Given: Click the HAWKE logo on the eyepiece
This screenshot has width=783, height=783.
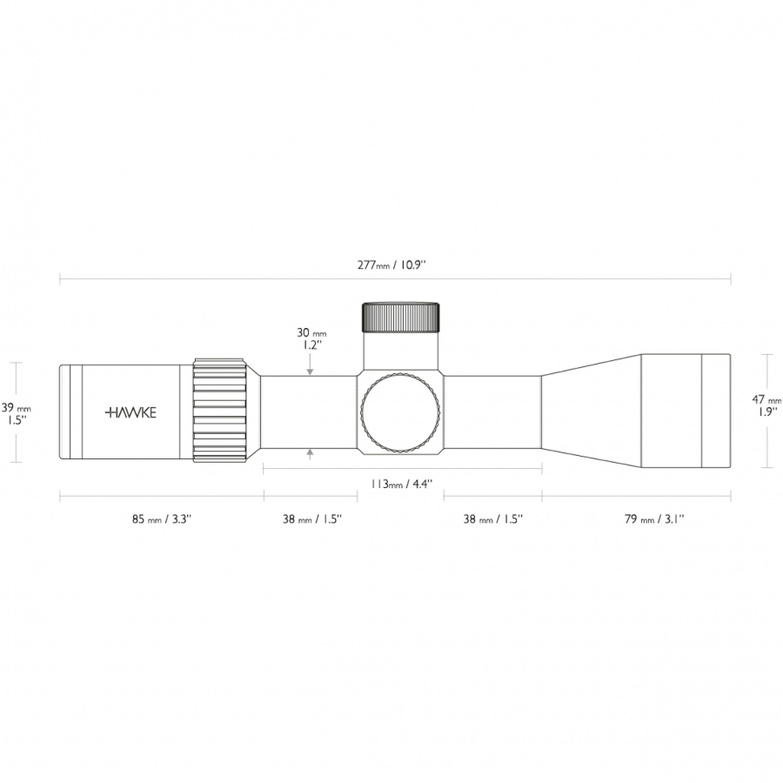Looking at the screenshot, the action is [130, 412].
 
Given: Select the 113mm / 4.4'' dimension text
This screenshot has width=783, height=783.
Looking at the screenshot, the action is [401, 484].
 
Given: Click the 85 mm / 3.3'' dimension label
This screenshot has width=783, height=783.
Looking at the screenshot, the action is [162, 519].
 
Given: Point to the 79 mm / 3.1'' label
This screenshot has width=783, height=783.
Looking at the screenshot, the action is [654, 519].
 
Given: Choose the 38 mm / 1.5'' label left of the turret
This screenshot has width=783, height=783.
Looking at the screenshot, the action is [312, 519].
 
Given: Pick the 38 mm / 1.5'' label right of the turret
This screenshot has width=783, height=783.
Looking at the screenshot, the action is [493, 519].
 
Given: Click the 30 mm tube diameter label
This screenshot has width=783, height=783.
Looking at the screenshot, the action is [311, 333].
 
